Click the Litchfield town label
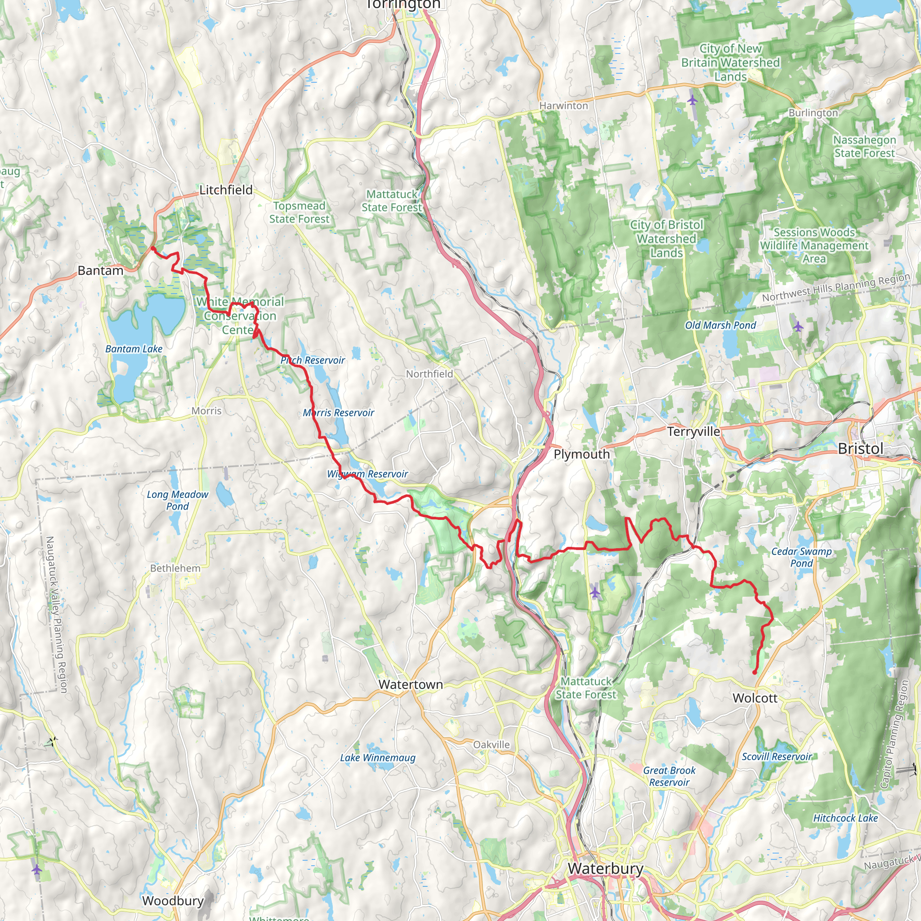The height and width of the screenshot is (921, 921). click(x=226, y=190)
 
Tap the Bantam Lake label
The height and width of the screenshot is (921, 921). click(x=134, y=349)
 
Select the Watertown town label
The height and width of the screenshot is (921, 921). click(x=411, y=684)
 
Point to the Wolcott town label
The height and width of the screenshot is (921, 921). click(x=755, y=698)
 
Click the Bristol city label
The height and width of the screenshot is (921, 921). click(x=860, y=448)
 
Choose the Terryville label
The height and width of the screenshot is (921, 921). click(x=693, y=431)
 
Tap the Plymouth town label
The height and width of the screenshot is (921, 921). click(x=581, y=454)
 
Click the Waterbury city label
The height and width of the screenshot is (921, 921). click(x=605, y=868)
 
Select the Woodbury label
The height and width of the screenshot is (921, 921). click(x=173, y=900)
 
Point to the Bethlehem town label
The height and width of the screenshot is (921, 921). click(x=175, y=568)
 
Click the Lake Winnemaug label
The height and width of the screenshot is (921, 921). click(x=378, y=757)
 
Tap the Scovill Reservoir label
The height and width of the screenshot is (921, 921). click(x=777, y=756)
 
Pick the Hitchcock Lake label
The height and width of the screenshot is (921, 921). click(x=845, y=818)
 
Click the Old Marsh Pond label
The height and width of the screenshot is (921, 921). click(x=720, y=325)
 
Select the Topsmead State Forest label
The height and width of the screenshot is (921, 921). click(x=299, y=212)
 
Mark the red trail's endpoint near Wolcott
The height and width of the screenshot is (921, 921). click(x=755, y=673)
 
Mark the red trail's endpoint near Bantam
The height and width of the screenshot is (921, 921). click(x=152, y=248)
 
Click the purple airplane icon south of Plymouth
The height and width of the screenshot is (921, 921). click(x=595, y=593)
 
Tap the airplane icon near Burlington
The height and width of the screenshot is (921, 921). click(x=692, y=100)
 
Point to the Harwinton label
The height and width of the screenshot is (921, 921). click(x=563, y=106)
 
